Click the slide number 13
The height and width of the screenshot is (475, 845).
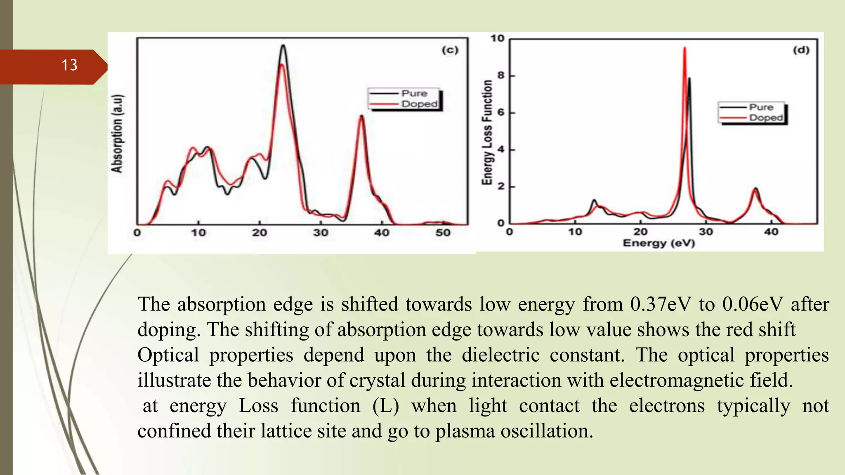pyautogui.click(x=69, y=65)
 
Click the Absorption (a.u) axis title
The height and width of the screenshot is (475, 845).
pyautogui.click(x=117, y=134)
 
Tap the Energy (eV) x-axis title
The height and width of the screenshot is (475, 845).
pyautogui.click(x=659, y=243)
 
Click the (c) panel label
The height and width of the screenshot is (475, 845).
pyautogui.click(x=450, y=50)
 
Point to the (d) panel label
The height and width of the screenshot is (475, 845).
pyautogui.click(x=801, y=50)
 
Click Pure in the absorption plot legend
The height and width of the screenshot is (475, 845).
pyautogui.click(x=414, y=94)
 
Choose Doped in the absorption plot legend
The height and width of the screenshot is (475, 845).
pyautogui.click(x=419, y=104)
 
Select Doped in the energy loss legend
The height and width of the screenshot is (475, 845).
pyautogui.click(x=766, y=118)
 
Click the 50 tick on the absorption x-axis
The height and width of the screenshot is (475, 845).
pyautogui.click(x=443, y=233)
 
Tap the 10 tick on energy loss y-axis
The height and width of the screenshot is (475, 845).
pyautogui.click(x=498, y=39)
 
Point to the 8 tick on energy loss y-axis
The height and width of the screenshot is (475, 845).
pyautogui.click(x=501, y=75)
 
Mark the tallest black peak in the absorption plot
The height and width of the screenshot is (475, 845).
pyautogui.click(x=283, y=46)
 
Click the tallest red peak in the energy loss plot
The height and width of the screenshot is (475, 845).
pyautogui.click(x=684, y=49)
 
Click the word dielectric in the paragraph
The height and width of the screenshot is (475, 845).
pyautogui.click(x=500, y=355)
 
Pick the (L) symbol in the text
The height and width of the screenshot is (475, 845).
pyautogui.click(x=385, y=406)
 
